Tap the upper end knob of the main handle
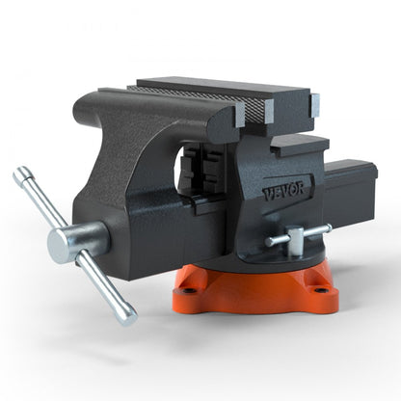pyautogui.click(x=20, y=174)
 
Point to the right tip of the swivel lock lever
pyautogui.click(x=327, y=229)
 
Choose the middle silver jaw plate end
pyautogui.click(x=266, y=112)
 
